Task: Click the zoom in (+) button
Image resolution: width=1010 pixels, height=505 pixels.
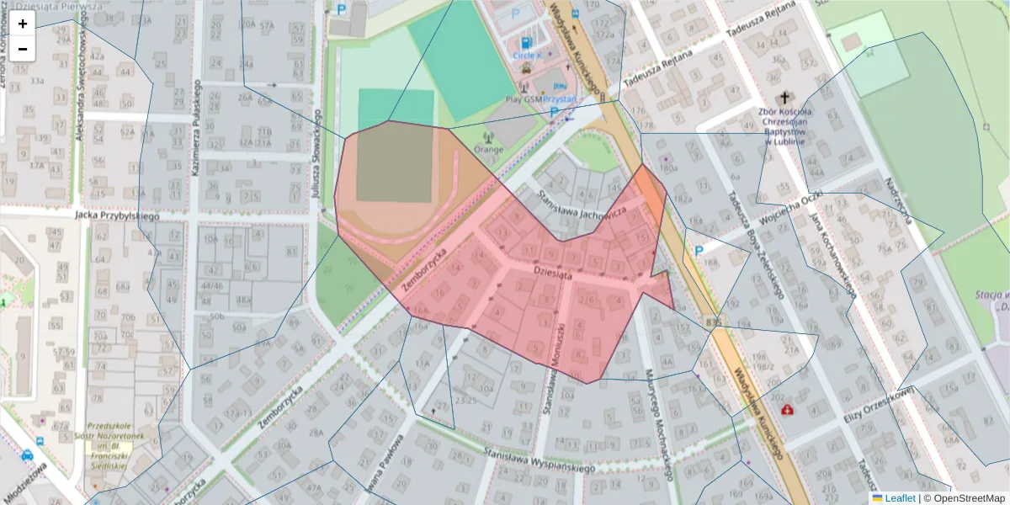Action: coord(23,24)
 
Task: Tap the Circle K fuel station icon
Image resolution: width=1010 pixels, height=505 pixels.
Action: coord(527,42)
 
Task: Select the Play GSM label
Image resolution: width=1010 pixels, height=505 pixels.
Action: coord(524,98)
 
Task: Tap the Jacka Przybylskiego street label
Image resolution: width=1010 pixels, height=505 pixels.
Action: coord(116,216)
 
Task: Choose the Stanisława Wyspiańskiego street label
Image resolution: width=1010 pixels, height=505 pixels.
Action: coord(539,460)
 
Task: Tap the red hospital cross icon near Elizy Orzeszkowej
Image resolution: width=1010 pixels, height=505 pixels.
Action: coord(787,410)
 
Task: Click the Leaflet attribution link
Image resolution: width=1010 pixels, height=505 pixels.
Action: coord(899,498)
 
